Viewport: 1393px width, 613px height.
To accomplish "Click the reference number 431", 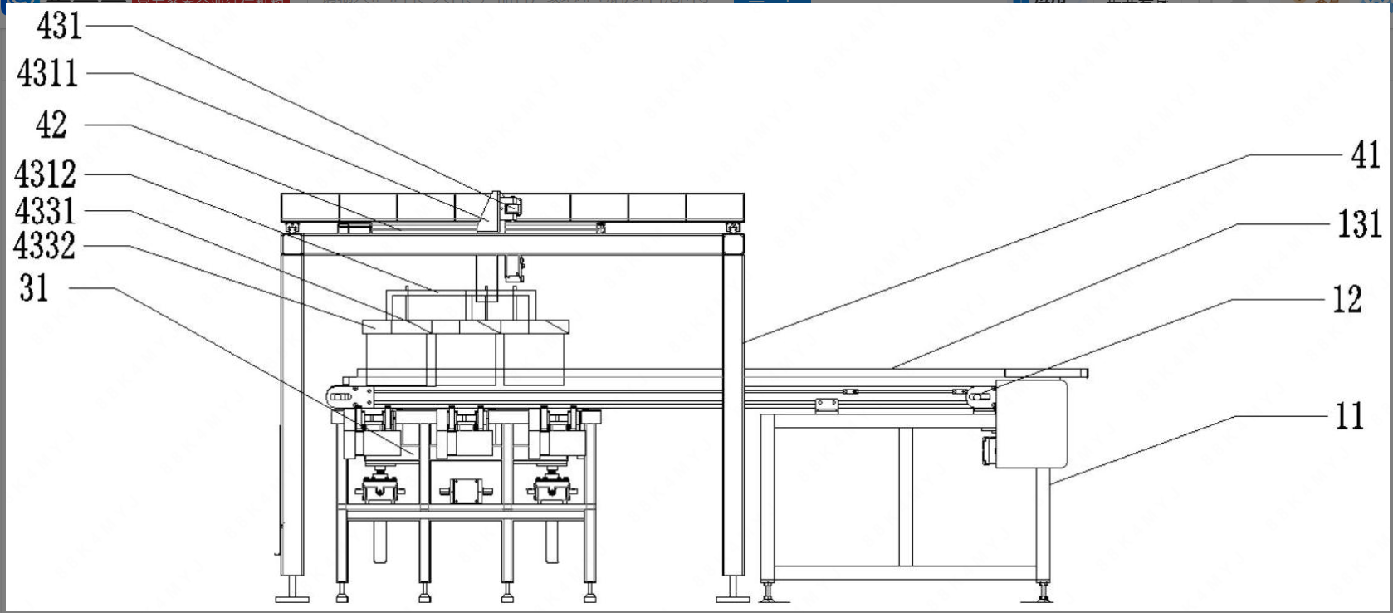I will point(59,27).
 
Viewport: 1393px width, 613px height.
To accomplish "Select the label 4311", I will point(48,74).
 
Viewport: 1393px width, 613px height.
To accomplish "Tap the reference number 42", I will point(51,125).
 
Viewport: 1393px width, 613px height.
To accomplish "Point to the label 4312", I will point(46,174).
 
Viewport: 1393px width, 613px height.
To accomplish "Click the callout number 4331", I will point(46,211).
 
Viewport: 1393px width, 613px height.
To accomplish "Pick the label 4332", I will point(45,246).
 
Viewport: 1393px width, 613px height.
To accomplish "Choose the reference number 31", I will point(35,288).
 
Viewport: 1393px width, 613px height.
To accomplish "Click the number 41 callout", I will point(1366,155).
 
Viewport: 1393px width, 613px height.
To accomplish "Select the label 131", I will point(1359,224).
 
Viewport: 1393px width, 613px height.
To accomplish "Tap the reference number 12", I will point(1347,300).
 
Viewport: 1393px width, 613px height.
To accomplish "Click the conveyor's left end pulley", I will point(339,398).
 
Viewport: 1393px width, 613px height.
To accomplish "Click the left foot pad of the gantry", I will point(291,597).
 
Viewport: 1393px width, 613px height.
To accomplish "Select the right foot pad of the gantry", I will point(732,597).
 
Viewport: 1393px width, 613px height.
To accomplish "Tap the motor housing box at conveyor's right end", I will point(1031,424).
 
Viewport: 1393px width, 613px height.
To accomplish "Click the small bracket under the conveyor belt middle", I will point(826,405).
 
